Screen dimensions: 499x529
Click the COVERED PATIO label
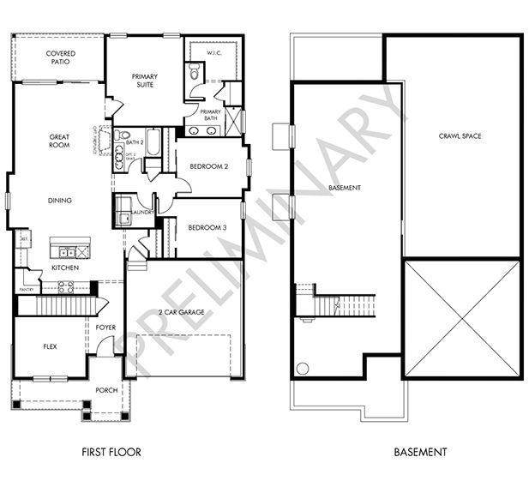tap(60, 57)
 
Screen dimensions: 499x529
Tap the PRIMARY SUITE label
tap(144, 81)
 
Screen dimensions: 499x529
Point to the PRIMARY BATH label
tap(210, 116)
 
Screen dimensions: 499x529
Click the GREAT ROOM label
tap(59, 141)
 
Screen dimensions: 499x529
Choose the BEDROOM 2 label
tap(207, 166)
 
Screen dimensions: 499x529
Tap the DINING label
tap(59, 201)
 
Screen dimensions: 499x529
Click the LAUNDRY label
tap(142, 212)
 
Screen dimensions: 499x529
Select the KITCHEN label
tap(64, 268)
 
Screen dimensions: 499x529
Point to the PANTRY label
tap(27, 290)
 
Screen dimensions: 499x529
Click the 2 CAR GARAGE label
tap(182, 312)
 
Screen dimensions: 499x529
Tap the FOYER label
tap(105, 327)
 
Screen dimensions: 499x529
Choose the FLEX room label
tap(51, 347)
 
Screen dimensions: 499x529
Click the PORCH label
tap(106, 390)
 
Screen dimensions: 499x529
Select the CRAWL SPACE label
tap(461, 136)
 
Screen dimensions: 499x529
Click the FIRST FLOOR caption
tap(111, 452)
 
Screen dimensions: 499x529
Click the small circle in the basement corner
tap(303, 369)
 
